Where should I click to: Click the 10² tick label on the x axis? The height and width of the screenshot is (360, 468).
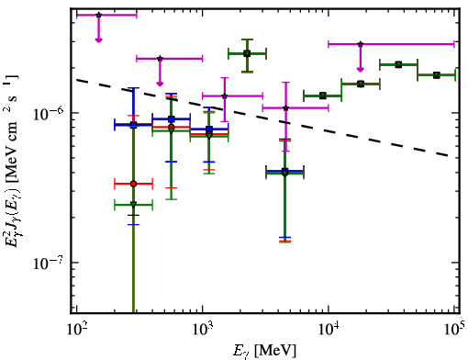(77, 329)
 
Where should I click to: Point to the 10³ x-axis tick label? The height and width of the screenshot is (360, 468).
(203, 329)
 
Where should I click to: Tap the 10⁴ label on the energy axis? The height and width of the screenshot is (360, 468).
(329, 329)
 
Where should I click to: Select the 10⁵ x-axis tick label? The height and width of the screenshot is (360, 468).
(453, 329)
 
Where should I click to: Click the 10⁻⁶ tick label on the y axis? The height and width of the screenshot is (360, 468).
(49, 114)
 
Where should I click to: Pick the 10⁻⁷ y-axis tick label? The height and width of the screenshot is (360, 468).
(49, 263)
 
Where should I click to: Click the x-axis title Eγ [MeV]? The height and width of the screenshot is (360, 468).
(264, 351)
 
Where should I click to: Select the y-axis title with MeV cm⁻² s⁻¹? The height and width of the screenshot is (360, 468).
(12, 161)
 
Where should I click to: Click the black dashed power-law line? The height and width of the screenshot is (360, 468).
(262, 118)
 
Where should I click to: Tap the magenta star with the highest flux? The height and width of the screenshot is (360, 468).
(98, 15)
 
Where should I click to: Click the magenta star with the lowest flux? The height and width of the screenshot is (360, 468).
(286, 108)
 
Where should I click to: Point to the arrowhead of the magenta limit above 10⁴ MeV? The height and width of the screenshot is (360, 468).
(361, 70)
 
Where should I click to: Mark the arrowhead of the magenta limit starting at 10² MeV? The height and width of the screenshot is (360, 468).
(98, 40)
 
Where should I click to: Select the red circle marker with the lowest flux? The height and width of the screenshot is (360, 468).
(133, 184)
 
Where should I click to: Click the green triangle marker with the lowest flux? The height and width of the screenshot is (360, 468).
(133, 205)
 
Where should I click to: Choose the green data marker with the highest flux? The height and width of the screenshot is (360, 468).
(248, 54)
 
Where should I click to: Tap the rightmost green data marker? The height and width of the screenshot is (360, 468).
(437, 75)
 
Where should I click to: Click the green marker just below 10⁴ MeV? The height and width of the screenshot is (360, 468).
(322, 96)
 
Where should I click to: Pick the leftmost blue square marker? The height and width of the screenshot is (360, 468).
(133, 125)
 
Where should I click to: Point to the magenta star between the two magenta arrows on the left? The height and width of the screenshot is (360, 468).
(160, 59)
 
